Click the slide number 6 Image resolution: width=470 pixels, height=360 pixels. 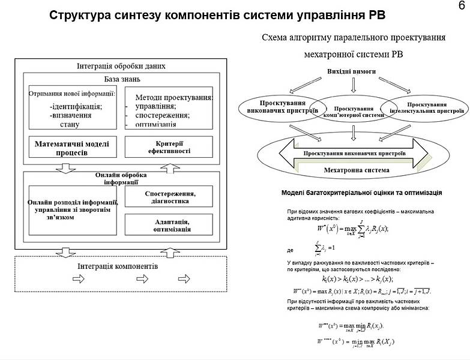click(x=460, y=6)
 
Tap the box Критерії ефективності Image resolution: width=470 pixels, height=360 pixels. click(x=168, y=147)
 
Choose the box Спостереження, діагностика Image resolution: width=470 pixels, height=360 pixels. click(x=169, y=197)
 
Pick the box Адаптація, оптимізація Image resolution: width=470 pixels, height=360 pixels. click(x=169, y=225)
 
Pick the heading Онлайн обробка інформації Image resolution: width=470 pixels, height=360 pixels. click(x=121, y=178)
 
